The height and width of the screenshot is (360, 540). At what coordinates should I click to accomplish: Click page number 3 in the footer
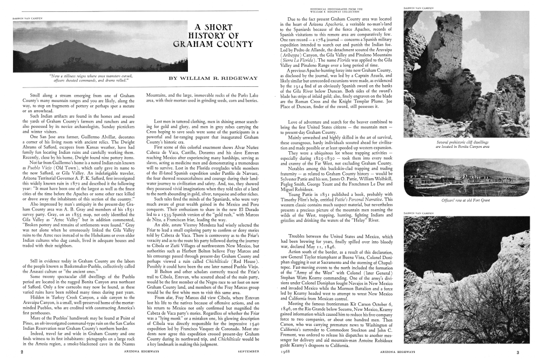(x=517, y=352)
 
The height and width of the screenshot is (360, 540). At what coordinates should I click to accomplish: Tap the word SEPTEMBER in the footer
(x=249, y=352)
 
